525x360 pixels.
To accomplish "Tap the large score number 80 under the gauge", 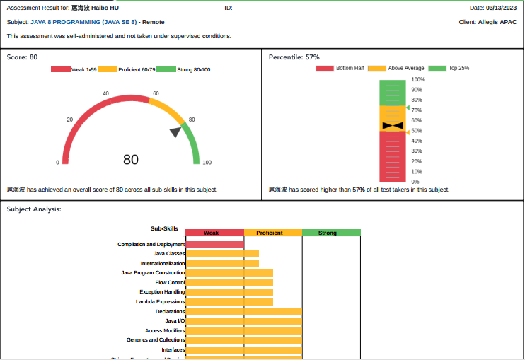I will point(131,160).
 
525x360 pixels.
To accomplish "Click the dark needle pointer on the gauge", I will point(175,132).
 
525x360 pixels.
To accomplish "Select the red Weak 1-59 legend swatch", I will point(61,69).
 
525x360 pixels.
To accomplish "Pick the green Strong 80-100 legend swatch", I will point(166,69).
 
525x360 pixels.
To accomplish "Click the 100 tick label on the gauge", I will point(207,163).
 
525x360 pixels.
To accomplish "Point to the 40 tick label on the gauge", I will point(105,93).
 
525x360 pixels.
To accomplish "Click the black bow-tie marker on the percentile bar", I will point(392,126).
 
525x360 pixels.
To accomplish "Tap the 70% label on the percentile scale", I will point(417,110).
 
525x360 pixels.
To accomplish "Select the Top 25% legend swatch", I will point(438,69).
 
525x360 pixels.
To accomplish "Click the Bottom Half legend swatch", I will point(325,69).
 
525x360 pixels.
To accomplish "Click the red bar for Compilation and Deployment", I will point(214,245).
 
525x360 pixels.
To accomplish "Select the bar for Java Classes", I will point(222,254).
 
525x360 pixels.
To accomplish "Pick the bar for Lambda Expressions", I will point(229,302).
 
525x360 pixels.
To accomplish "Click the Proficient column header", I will point(273,233).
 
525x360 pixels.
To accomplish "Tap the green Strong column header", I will point(331,233).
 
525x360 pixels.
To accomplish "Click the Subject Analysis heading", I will point(34,209).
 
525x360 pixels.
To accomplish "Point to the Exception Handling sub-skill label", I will point(162,292).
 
